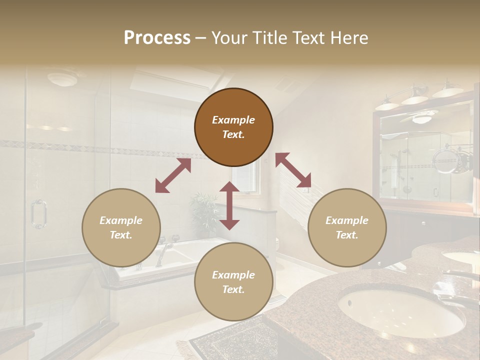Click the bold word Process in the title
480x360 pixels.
[x=157, y=38]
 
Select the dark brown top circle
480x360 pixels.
[x=233, y=127]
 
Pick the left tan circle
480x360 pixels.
[x=121, y=227]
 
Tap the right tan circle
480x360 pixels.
[x=347, y=227]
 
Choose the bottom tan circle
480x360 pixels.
[x=233, y=282]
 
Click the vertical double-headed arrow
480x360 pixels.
[x=229, y=205]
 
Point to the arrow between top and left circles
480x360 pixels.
[x=173, y=175]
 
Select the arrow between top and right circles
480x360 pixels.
[x=293, y=170]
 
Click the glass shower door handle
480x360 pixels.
[x=38, y=214]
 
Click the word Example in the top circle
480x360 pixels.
[x=233, y=120]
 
